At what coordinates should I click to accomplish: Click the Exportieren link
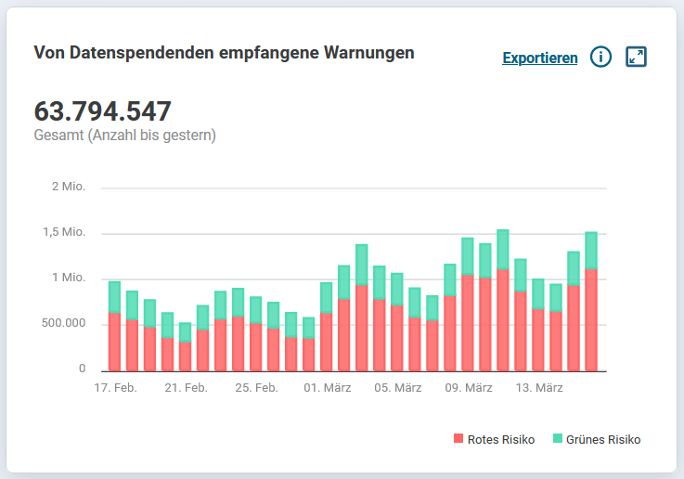[539, 58]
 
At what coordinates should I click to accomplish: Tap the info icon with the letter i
[600, 58]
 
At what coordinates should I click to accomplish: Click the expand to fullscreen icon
[636, 58]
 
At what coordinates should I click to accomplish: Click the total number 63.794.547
[102, 111]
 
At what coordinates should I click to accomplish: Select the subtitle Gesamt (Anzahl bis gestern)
[124, 136]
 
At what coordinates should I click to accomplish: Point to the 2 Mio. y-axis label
[68, 187]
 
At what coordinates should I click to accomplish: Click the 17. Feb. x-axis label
[115, 388]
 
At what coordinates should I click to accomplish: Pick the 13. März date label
[540, 388]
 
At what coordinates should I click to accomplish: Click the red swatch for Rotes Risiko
[458, 439]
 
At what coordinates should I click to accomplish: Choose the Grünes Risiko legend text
[603, 439]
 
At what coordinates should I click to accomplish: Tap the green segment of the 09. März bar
[468, 256]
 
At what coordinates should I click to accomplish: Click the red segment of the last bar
[591, 320]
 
